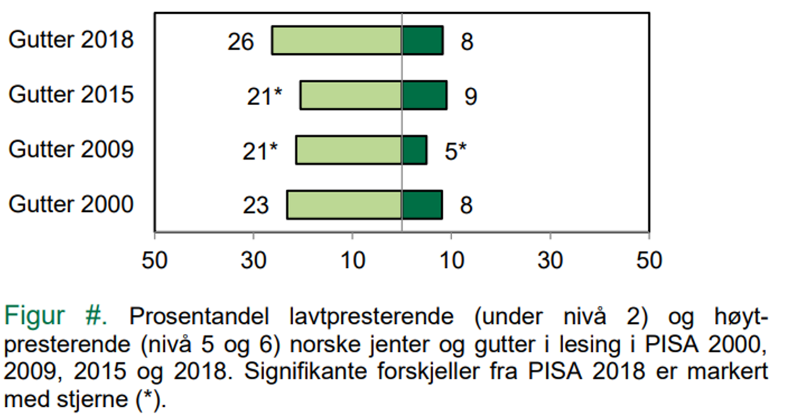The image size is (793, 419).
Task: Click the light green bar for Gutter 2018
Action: pos(337,40)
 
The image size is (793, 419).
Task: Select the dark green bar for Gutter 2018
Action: pos(422,40)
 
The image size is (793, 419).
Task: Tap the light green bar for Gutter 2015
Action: pos(351,95)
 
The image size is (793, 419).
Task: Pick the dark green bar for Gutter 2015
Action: pos(424,95)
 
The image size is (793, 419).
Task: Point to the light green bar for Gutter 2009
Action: pos(349,150)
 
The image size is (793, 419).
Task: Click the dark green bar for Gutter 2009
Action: pos(414,150)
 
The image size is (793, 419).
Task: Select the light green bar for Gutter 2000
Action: pos(344,204)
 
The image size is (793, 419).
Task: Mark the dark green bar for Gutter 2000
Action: pos(422,204)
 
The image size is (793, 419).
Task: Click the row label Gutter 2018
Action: pos(71,40)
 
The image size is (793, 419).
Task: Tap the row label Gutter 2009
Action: pos(71,150)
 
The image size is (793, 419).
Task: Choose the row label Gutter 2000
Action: pos(71,204)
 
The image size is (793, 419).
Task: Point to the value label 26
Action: pos(241,43)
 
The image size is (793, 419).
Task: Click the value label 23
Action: pos(256,206)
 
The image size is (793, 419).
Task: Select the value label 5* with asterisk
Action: pos(456,152)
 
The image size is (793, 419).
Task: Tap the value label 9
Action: pos(470,97)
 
